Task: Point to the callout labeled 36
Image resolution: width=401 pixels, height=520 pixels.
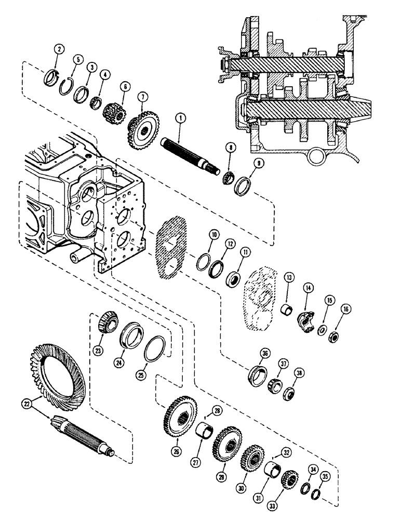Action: (x=266, y=354)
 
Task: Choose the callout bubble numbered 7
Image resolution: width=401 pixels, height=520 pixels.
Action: (x=142, y=97)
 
